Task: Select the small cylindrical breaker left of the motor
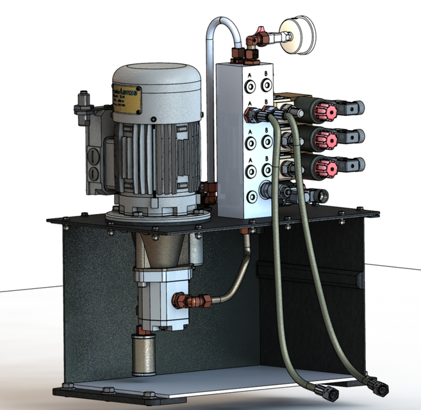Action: point(83,104)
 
